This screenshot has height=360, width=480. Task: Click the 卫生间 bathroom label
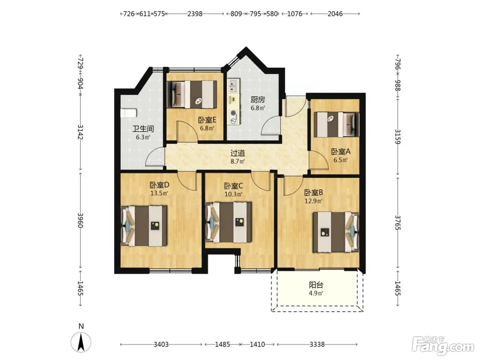[x=143, y=129]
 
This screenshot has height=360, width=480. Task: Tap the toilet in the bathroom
[x=128, y=113]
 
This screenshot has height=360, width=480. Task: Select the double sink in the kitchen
[x=233, y=86]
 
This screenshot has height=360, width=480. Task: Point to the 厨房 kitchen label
[x=258, y=100]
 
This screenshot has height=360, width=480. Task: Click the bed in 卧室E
[x=192, y=94]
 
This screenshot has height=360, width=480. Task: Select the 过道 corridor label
[x=238, y=154]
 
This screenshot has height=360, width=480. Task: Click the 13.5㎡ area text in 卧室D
[x=159, y=193]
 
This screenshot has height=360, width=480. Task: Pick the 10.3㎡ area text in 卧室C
[x=233, y=194]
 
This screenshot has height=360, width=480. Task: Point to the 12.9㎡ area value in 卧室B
[x=314, y=201]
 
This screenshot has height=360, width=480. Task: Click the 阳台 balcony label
[x=316, y=285]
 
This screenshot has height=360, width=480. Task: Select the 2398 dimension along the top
[x=195, y=14]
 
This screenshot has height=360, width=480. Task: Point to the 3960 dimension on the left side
[x=81, y=220]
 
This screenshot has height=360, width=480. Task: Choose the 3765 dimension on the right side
[x=398, y=223]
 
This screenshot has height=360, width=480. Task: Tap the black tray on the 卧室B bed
[x=324, y=232]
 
